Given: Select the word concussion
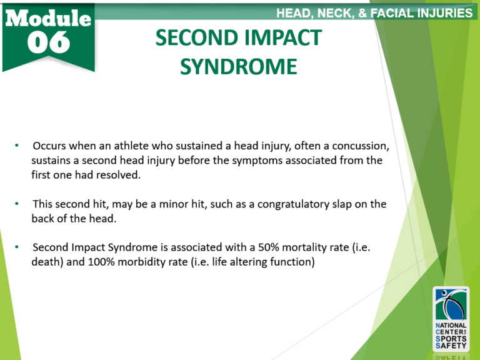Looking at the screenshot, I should pyautogui.click(x=362, y=146).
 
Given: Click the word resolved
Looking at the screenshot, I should pyautogui.click(x=119, y=175).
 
